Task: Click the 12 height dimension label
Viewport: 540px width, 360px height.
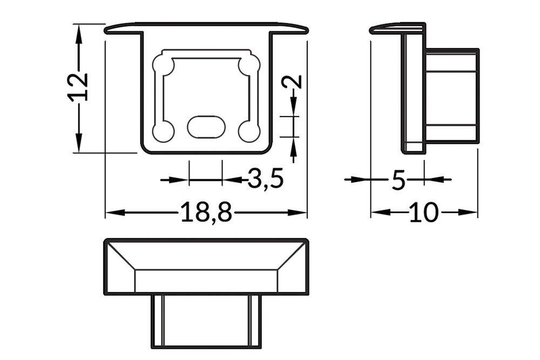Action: point(78,86)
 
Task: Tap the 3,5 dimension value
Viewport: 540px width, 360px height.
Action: point(266,179)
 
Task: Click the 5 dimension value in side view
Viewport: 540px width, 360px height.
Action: point(398,180)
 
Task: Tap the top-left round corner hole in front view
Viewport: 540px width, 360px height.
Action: point(163,66)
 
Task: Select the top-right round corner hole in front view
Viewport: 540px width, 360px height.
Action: point(249,66)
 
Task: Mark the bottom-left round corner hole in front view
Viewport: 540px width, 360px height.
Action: point(163,131)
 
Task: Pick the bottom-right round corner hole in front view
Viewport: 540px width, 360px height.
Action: point(249,131)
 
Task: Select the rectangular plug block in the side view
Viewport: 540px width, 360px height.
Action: point(451,96)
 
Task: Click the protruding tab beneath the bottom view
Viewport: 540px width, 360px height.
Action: point(206,321)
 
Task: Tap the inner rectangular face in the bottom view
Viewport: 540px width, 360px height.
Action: point(206,281)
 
